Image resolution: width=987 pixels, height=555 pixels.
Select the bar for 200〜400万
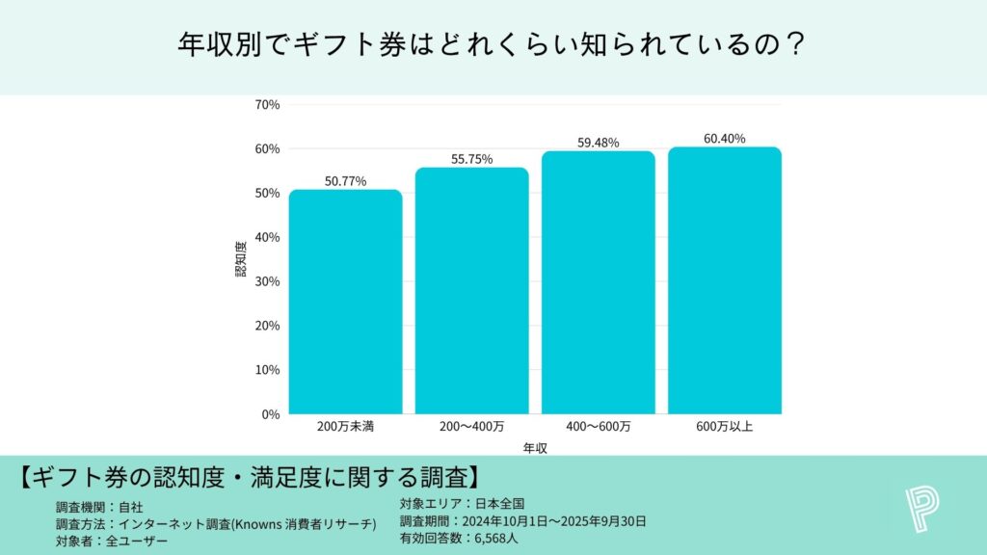tap(471, 291)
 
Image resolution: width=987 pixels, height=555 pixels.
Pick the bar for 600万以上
tap(724, 280)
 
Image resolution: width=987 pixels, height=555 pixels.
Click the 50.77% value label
tap(345, 181)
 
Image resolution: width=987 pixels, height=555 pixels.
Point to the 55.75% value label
tap(471, 159)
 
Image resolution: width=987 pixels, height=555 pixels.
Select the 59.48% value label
tap(598, 143)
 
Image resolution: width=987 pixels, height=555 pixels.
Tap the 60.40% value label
tap(724, 139)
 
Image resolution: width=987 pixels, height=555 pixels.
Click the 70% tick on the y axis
tap(267, 104)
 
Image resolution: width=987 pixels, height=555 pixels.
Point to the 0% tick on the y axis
tap(270, 414)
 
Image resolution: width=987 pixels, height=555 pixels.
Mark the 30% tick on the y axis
tap(267, 281)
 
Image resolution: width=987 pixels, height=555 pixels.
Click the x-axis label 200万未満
tap(345, 427)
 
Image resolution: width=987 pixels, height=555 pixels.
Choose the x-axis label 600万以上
tap(724, 427)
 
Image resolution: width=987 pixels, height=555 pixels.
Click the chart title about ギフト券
tap(493, 45)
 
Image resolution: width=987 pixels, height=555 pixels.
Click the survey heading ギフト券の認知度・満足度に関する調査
tap(250, 477)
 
